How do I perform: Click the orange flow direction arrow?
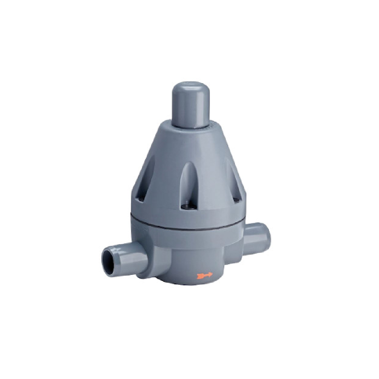point(205,275)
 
